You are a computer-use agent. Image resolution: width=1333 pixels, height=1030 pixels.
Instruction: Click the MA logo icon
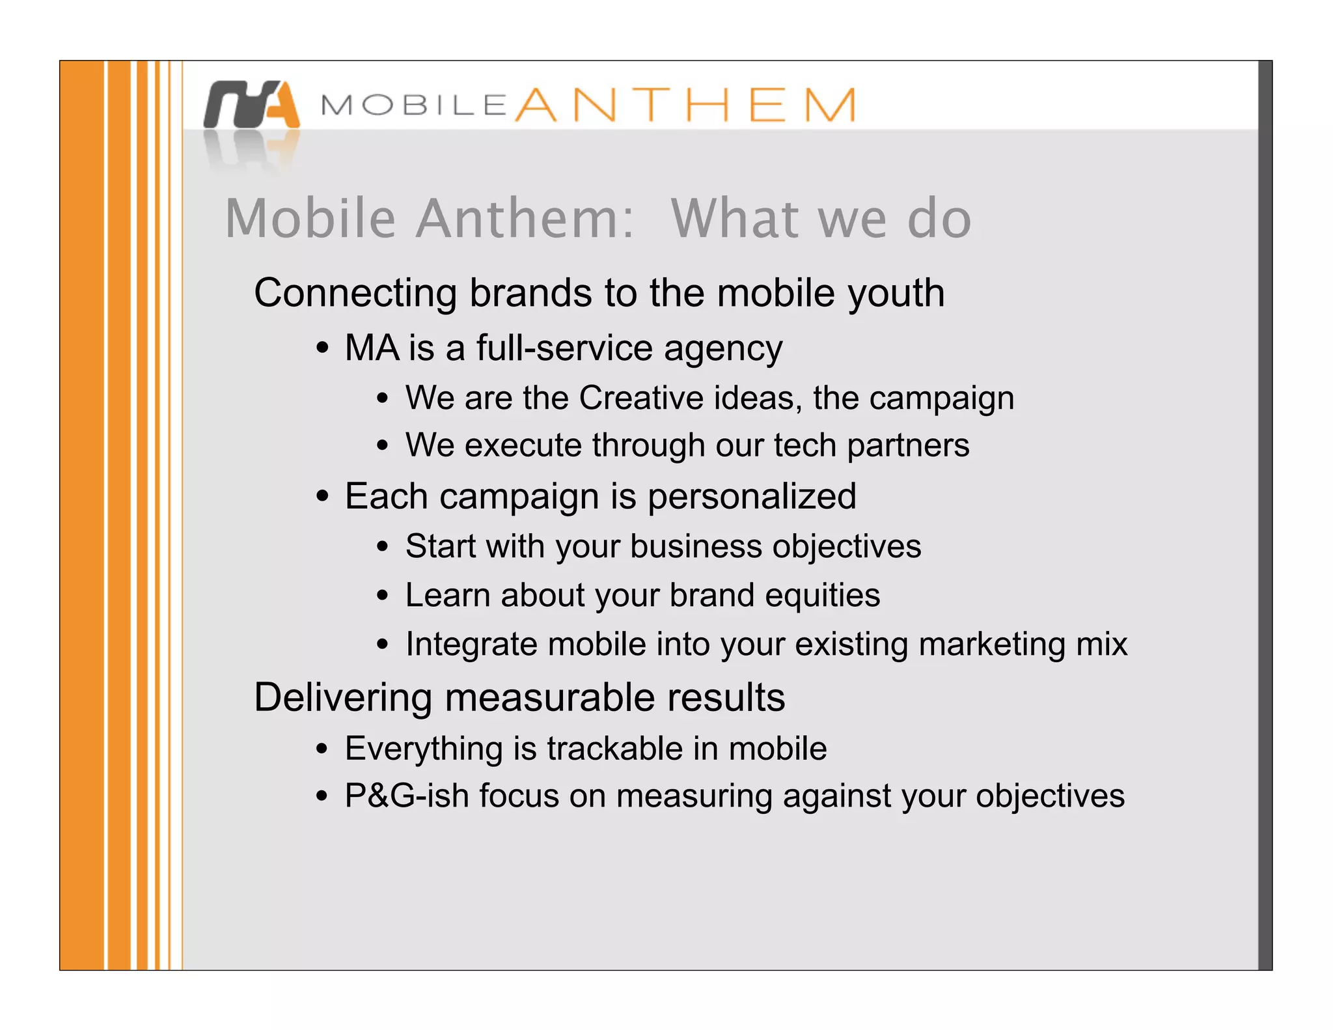click(x=251, y=105)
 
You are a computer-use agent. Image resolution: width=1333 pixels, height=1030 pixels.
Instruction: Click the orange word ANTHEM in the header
click(x=685, y=105)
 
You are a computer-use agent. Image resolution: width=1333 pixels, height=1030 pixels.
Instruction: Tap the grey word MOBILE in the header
click(x=414, y=105)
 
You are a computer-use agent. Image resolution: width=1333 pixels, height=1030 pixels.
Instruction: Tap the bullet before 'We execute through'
click(x=383, y=446)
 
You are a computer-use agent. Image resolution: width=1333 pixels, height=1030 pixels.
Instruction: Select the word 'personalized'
click(x=752, y=497)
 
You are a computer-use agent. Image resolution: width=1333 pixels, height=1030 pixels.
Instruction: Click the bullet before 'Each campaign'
click(x=322, y=497)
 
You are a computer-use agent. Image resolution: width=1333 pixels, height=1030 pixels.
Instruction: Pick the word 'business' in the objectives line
click(x=696, y=546)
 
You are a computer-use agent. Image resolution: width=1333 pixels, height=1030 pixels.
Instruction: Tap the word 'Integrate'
click(x=471, y=645)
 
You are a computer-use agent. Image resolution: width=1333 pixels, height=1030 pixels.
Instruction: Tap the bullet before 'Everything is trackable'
click(x=322, y=749)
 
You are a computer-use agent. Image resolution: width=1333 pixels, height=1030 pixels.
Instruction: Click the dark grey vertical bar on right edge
click(x=1265, y=514)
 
